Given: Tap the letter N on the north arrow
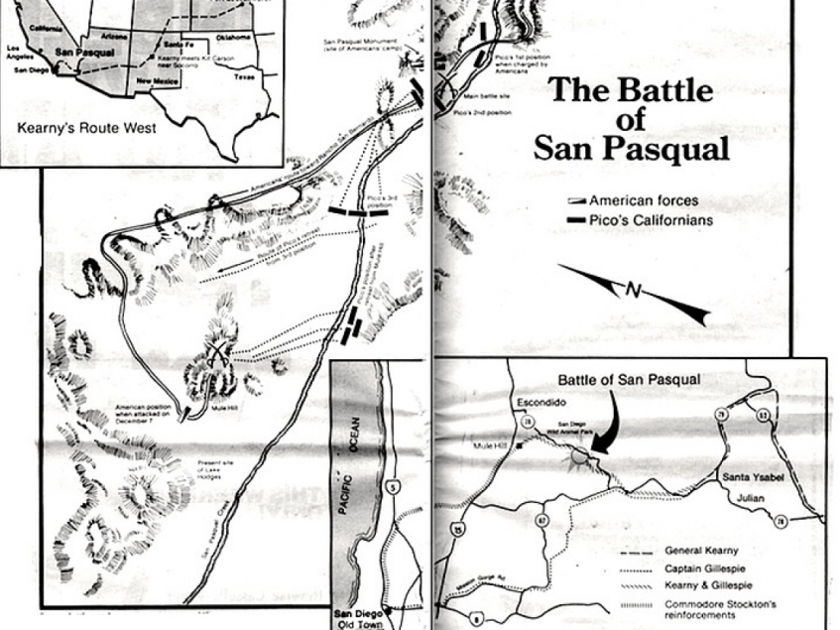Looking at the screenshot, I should tap(633, 289).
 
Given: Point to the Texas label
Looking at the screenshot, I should tap(244, 75).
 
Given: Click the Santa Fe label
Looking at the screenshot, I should tap(179, 46).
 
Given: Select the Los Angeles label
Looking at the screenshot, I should tap(20, 53).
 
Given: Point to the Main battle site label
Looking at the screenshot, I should tap(486, 98).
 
